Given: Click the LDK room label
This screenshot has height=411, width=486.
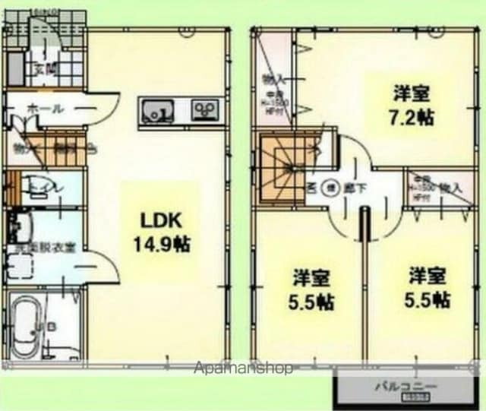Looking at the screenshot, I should pyautogui.click(x=159, y=221).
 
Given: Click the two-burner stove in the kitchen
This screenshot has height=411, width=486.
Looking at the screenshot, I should pyautogui.click(x=202, y=111).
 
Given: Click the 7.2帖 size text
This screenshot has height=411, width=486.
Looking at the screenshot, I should pyautogui.click(x=412, y=119).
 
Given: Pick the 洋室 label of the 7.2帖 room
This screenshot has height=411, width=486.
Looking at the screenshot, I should pyautogui.click(x=412, y=94).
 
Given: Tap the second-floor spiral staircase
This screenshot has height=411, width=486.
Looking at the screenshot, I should pyautogui.click(x=282, y=168).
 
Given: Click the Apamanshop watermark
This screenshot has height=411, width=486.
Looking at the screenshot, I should pyautogui.click(x=243, y=368).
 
